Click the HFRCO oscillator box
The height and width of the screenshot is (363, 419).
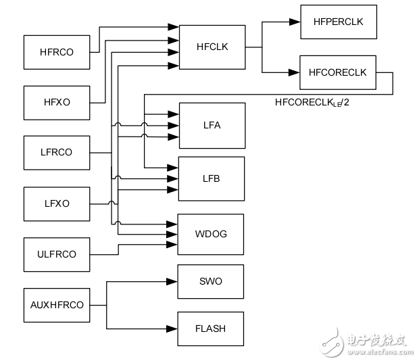[57, 51]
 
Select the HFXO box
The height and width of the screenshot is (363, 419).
[57, 102]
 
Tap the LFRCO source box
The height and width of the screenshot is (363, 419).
[57, 152]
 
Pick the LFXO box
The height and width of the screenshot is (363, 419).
[57, 203]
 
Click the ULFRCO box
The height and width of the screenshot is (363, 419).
[57, 254]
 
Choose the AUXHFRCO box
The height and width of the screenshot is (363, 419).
[57, 305]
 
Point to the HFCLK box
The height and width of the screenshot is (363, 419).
[212, 47]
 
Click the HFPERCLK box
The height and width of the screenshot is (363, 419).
[338, 22]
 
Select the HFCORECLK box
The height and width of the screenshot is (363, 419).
[337, 72]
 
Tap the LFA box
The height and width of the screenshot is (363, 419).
[212, 125]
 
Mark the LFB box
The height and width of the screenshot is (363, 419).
[212, 178]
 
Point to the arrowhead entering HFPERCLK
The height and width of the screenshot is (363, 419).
[295, 22]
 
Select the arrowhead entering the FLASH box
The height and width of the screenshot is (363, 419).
[172, 329]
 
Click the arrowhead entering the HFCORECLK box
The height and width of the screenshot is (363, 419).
[295, 72]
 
